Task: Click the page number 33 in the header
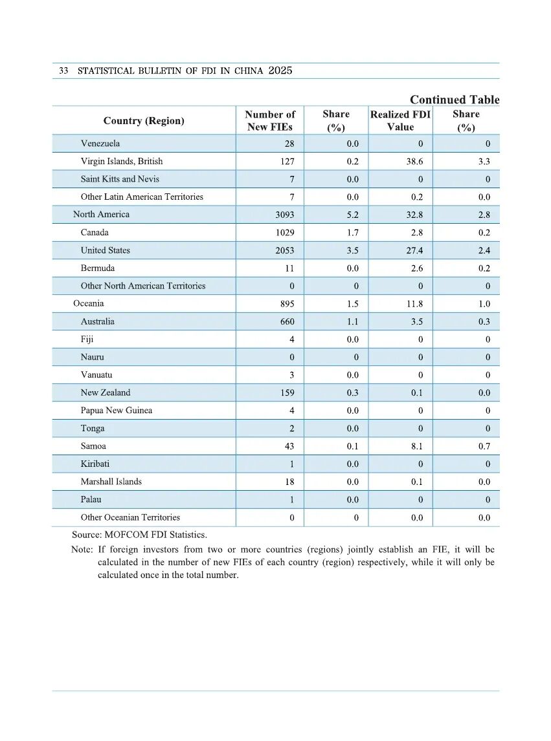pos(63,71)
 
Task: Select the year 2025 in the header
pos(280,70)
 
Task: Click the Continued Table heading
pos(455,100)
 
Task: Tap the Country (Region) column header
pos(144,121)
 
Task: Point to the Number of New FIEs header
pos(270,120)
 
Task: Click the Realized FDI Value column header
pos(400,120)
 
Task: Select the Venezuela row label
pos(100,144)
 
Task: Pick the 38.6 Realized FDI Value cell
pos(414,162)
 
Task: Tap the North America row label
pos(101,215)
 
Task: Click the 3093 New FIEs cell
pos(285,215)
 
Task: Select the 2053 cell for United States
pos(285,250)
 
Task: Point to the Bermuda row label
pos(98,268)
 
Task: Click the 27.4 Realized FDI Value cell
pos(414,250)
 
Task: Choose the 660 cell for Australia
pos(287,321)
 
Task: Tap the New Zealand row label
pos(106,392)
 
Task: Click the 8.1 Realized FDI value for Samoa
pos(417,446)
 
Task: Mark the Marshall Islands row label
pos(111,482)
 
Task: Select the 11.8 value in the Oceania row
pos(414,304)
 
